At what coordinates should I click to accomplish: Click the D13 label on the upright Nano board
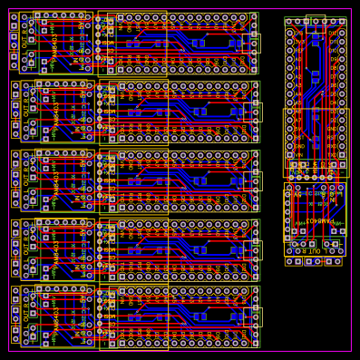(299, 33)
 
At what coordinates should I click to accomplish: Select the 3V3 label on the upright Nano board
(299, 42)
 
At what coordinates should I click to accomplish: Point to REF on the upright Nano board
(299, 51)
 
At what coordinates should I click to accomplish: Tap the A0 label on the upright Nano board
(299, 59)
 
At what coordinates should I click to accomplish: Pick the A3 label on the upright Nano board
(299, 85)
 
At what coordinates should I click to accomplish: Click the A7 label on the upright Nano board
(299, 120)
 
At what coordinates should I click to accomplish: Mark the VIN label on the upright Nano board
(299, 154)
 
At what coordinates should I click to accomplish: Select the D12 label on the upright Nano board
(333, 33)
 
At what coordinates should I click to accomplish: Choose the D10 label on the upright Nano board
(333, 51)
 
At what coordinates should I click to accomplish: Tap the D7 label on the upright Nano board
(333, 76)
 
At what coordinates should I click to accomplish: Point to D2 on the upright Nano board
(333, 120)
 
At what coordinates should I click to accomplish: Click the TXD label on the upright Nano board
(333, 154)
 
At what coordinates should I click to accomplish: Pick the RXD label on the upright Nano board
(333, 146)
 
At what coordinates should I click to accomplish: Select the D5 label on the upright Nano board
(333, 93)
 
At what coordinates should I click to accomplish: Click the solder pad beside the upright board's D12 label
(342, 33)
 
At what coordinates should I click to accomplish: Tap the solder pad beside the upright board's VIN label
(290, 154)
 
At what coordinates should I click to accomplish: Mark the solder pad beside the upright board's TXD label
(342, 154)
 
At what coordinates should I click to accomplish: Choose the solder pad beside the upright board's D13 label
(290, 33)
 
